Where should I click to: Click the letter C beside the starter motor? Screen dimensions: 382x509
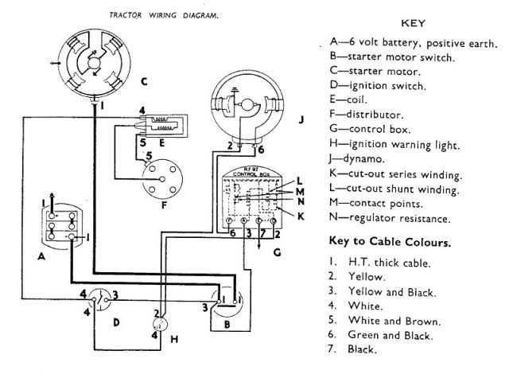point(142,80)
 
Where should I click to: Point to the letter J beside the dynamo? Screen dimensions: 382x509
point(301,121)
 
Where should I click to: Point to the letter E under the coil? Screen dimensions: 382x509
point(161,143)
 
